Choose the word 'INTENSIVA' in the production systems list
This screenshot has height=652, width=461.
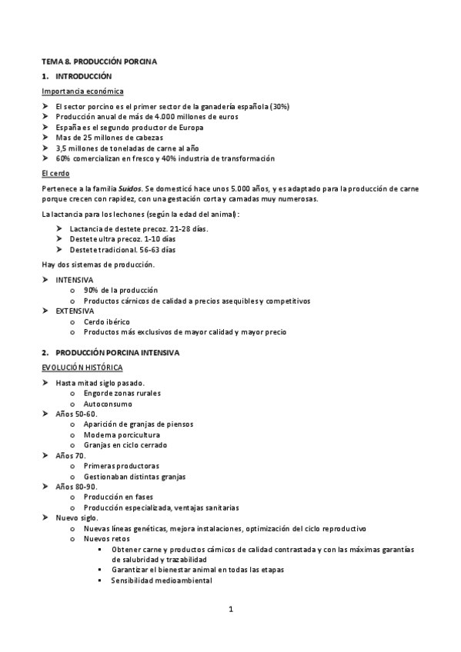pos(74,279)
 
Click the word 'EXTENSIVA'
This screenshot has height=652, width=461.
pos(75,310)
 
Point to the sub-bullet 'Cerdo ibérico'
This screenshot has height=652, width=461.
pos(107,321)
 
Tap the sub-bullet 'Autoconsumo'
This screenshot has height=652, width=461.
pos(108,404)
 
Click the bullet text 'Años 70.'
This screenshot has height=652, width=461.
pos(71,455)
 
